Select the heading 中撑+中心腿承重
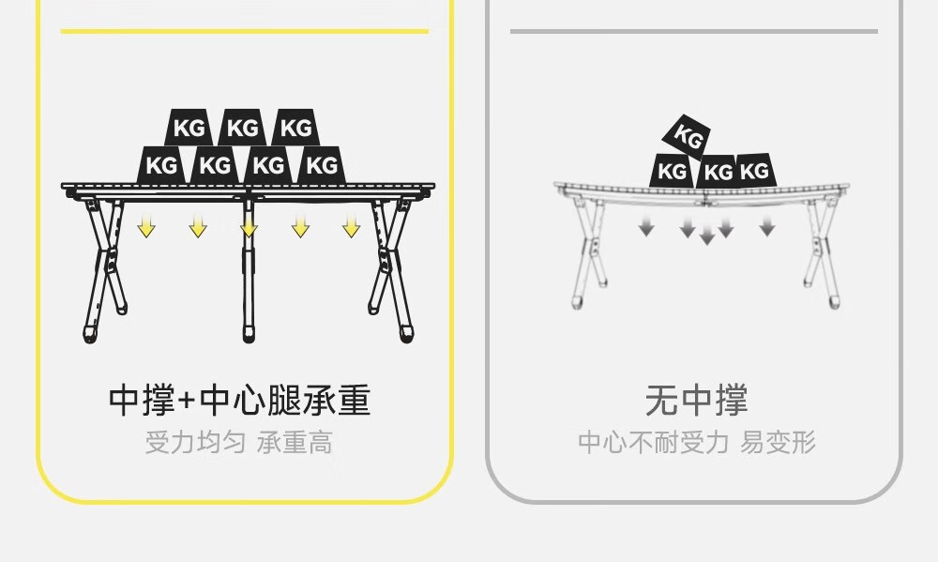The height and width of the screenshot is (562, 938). [240, 401]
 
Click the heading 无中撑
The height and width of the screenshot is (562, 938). [696, 401]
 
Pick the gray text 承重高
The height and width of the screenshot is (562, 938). [295, 442]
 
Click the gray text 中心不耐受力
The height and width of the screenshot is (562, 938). [653, 442]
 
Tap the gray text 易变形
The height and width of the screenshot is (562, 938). [778, 442]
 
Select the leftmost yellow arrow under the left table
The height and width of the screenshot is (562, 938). [146, 227]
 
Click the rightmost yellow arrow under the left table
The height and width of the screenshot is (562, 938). [351, 227]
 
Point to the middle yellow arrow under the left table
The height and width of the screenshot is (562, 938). [249, 227]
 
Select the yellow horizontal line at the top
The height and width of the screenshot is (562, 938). [244, 31]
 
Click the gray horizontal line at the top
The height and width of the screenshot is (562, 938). [694, 31]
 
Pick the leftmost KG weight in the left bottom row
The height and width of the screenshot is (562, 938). [161, 166]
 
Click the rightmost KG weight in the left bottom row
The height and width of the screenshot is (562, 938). [322, 166]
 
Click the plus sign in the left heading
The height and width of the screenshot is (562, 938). [187, 402]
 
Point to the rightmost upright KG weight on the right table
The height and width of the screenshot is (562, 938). [755, 171]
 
